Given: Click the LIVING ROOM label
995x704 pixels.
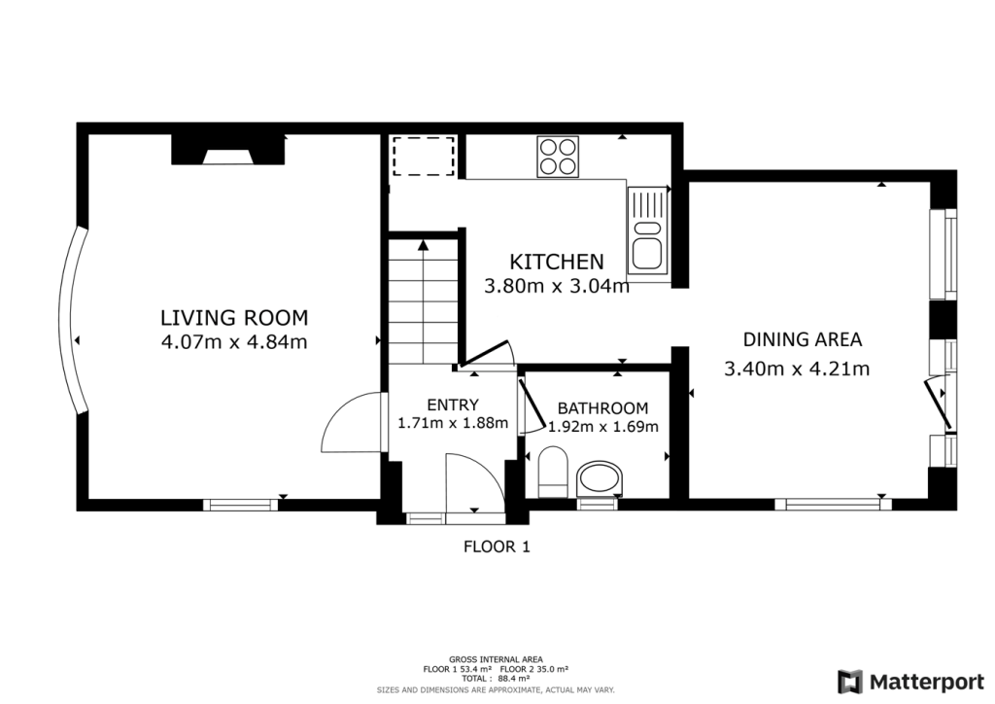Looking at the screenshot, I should [x=233, y=317].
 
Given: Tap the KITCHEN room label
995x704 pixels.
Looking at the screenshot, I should [x=557, y=262].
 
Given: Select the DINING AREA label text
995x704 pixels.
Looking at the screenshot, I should [x=803, y=339].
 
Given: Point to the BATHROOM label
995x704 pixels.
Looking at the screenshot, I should [x=602, y=408].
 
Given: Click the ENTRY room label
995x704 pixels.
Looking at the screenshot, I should [x=453, y=405].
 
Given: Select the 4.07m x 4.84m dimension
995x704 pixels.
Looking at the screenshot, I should [x=233, y=341].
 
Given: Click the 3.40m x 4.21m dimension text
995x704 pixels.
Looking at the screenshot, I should [x=797, y=369].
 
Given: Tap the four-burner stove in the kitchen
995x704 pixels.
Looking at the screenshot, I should [x=558, y=157].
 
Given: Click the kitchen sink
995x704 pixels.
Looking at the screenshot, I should [x=646, y=231].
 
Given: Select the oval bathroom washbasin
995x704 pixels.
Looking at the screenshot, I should [x=598, y=479].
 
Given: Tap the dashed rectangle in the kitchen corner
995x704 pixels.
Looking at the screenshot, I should [x=424, y=157].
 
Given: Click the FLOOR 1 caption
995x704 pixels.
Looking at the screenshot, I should [x=496, y=546].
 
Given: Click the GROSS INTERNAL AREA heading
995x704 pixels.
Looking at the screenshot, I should [x=496, y=659].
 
